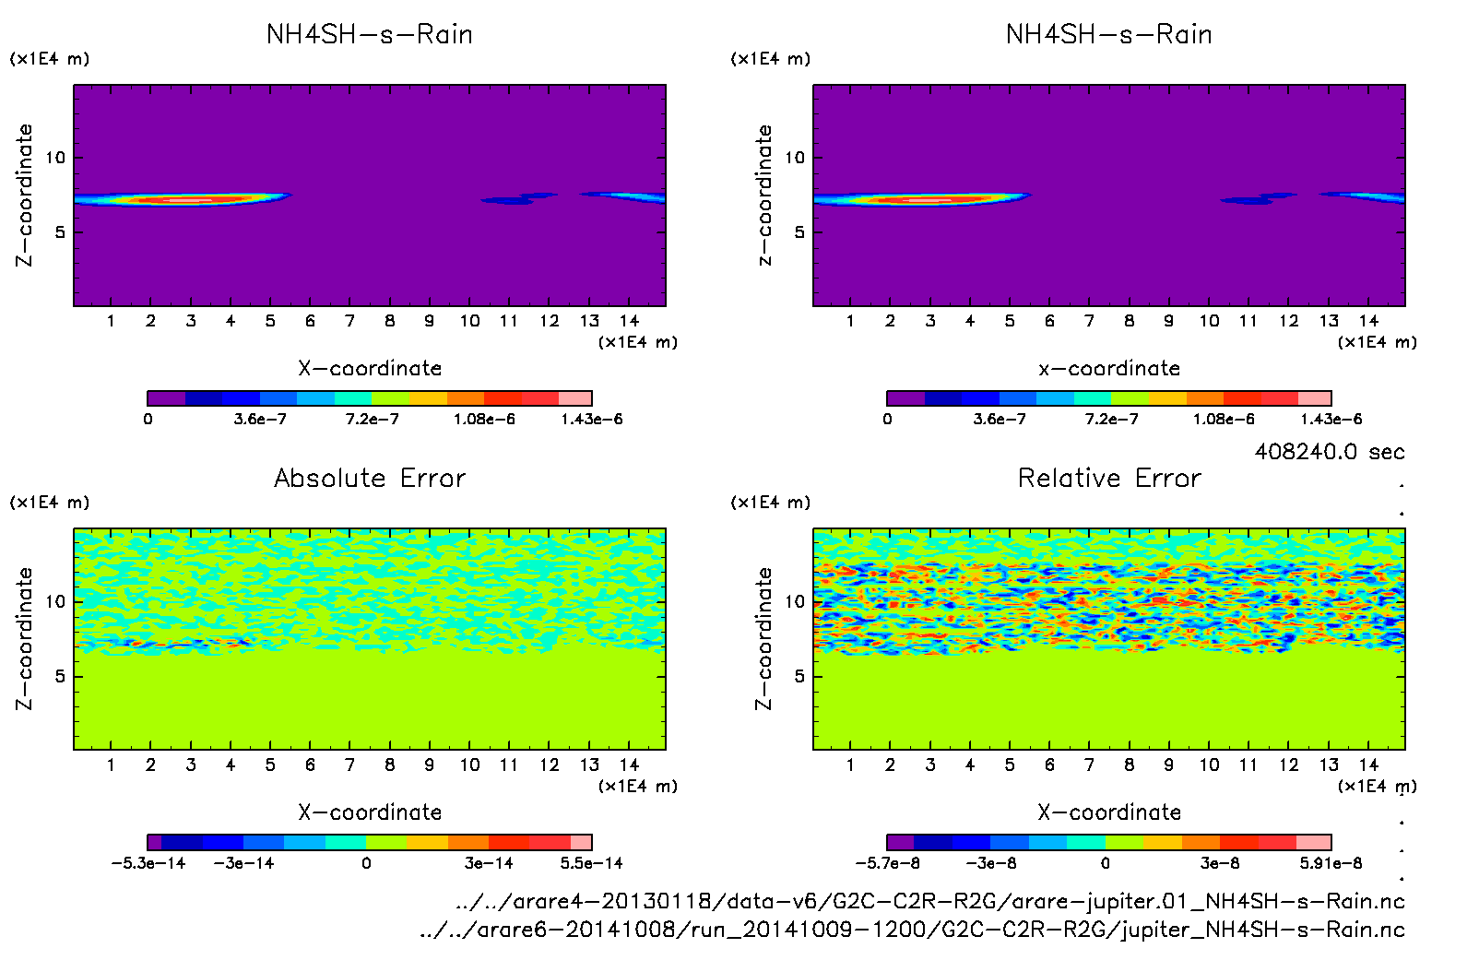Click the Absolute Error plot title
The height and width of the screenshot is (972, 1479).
coord(370,478)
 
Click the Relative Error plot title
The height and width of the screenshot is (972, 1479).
coord(1109,478)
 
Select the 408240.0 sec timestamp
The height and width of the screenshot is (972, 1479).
coord(1329,452)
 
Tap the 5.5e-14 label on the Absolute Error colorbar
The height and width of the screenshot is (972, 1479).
coord(591,863)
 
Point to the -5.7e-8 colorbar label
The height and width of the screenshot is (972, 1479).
coord(887,863)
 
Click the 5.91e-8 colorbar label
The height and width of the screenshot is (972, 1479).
coord(1331,863)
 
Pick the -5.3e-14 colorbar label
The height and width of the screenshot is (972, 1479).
coord(148,863)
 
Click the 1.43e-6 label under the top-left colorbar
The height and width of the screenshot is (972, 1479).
coord(591,420)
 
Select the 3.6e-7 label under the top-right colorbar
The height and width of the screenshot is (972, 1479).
coord(1000,420)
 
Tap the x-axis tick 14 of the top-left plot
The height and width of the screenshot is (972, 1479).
coord(629,321)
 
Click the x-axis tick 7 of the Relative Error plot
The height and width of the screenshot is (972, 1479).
coord(1089,765)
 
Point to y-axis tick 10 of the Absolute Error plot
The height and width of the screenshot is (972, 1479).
coord(56,601)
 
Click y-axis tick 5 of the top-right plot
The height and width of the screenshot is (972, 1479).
coord(799,231)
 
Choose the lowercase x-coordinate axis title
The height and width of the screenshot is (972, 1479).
coord(1109,369)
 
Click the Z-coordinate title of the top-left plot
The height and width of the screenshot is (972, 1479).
coord(24,195)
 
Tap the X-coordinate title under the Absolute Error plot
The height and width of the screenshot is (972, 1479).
coord(370,812)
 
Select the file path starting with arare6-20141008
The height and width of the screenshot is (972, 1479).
coord(912,930)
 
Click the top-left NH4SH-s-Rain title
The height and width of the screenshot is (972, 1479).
coord(370,35)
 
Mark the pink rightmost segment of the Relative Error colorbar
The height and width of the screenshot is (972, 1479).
coord(1313,842)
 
